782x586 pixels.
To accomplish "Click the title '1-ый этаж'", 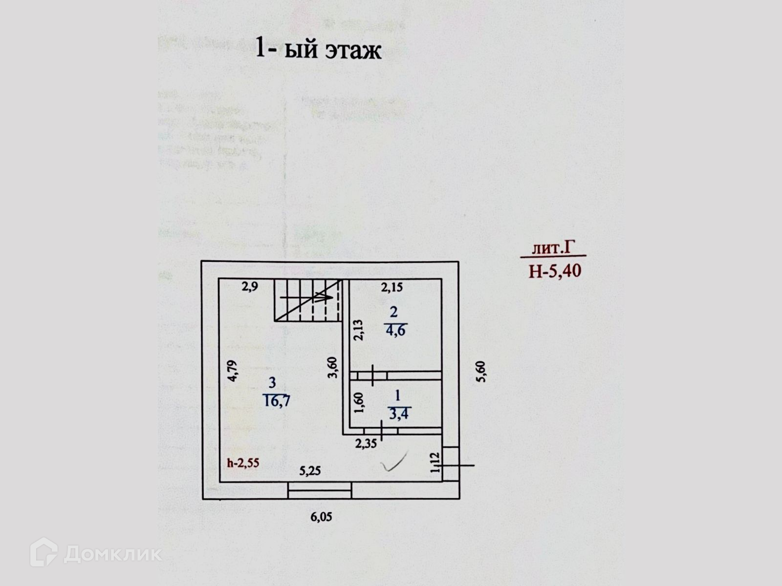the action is tap(318, 50).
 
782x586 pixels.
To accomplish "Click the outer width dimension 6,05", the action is tap(321, 517).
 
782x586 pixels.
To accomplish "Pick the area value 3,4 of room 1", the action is tap(399, 415).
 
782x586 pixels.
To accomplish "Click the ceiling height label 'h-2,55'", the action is tap(243, 463).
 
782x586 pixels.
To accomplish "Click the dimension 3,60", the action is tap(332, 367).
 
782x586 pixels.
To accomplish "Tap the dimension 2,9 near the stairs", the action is tap(250, 287).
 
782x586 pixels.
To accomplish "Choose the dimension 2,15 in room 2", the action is tap(391, 288).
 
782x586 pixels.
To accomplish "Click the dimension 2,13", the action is tap(358, 330).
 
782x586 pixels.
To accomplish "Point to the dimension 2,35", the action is tap(366, 444).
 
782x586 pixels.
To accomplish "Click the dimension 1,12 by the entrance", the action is tap(435, 462).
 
